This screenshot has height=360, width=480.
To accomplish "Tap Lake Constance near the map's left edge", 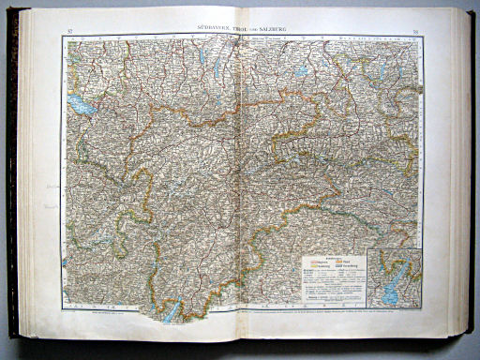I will (80, 106).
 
